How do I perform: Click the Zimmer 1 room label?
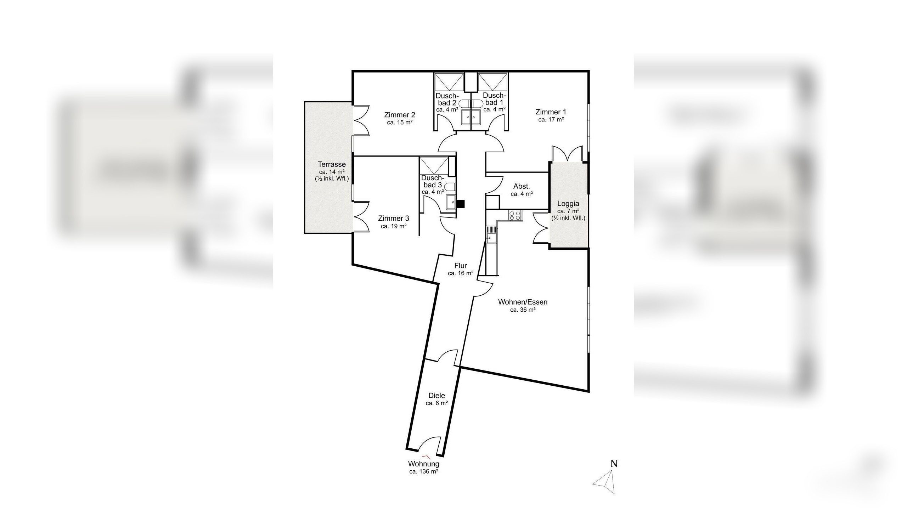click(x=551, y=112)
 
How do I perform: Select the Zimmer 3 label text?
click(x=394, y=218)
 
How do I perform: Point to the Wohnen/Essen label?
click(x=523, y=302)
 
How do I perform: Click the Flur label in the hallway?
click(x=461, y=266)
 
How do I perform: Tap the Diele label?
click(x=436, y=396)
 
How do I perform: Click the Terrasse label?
click(x=332, y=164)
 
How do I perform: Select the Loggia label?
click(x=568, y=204)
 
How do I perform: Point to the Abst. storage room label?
click(x=522, y=186)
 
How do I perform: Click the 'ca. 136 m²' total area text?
click(x=424, y=471)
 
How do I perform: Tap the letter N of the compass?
click(x=614, y=463)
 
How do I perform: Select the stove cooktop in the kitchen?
click(x=515, y=215)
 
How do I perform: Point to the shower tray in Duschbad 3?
click(x=434, y=165)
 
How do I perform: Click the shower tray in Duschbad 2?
click(x=449, y=82)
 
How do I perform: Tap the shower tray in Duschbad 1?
click(x=493, y=82)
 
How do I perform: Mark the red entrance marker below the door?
click(x=427, y=457)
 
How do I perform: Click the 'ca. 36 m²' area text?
click(x=523, y=310)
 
